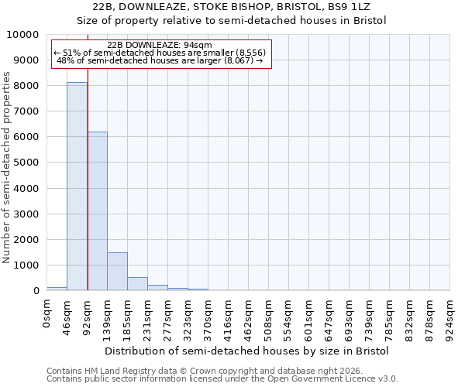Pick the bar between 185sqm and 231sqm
pyautogui.click(x=137, y=283)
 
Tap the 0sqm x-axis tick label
pyautogui.click(x=46, y=311)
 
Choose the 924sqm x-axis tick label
pyautogui.click(x=449, y=317)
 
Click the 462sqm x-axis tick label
pyautogui.click(x=248, y=317)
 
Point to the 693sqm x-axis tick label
pyautogui.click(x=349, y=317)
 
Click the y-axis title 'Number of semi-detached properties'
pyautogui.click(x=7, y=167)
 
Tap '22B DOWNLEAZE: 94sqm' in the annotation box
pyautogui.click(x=159, y=45)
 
